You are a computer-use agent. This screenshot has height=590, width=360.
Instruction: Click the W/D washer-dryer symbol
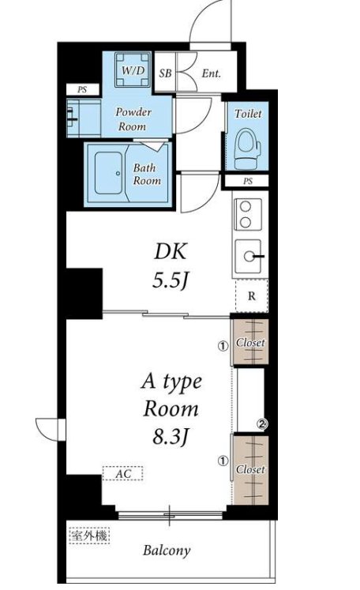(x=133, y=70)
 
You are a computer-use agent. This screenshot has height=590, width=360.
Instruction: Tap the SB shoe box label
(x=165, y=73)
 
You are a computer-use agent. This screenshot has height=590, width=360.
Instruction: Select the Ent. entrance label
(x=211, y=73)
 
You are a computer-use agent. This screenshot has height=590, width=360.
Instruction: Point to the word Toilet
(x=248, y=113)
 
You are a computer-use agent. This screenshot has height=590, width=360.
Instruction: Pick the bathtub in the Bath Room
(x=109, y=173)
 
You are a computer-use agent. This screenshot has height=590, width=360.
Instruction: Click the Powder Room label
(x=133, y=119)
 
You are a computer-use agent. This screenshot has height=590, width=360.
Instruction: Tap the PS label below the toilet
(x=248, y=182)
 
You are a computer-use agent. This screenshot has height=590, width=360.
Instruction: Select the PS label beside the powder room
(x=82, y=89)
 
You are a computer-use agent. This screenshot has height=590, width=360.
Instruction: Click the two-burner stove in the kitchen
(x=247, y=214)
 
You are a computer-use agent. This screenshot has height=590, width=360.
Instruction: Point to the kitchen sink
(x=248, y=256)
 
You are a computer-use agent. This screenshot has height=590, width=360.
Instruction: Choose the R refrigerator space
(x=252, y=295)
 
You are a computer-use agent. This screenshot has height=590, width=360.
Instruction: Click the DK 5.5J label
(x=171, y=265)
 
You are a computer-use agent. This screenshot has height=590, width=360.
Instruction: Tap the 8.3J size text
(x=170, y=437)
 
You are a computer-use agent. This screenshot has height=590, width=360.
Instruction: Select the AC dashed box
(x=123, y=473)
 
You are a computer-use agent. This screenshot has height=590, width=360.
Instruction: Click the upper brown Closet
(x=250, y=342)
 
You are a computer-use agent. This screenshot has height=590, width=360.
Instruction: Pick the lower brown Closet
(x=250, y=470)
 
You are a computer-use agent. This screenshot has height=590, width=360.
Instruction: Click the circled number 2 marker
(x=261, y=424)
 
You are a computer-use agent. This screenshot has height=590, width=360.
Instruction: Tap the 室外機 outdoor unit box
(x=89, y=535)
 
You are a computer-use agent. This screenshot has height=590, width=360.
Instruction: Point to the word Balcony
(x=167, y=551)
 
